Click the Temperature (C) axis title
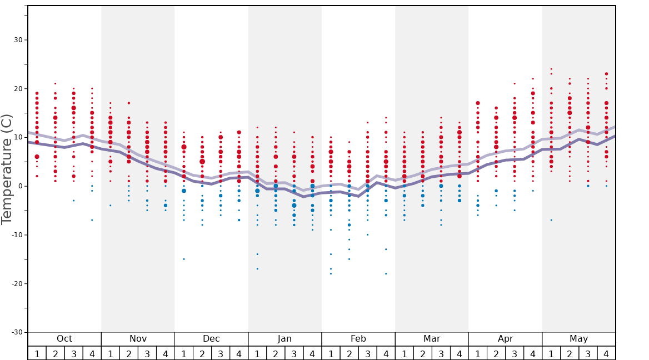tap(7, 169)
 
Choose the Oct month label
tap(64, 339)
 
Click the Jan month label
tap(284, 339)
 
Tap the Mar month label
tap(432, 339)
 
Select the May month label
tap(578, 339)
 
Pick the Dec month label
tap(211, 339)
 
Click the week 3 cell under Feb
tap(367, 353)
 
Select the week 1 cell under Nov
tap(111, 353)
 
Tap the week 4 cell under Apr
tap(533, 353)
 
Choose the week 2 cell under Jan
tap(276, 353)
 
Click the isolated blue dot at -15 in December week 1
tap(184, 259)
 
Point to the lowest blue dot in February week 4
tap(386, 273)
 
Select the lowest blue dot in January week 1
tap(257, 269)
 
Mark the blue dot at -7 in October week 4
tap(92, 220)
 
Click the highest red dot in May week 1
tap(551, 69)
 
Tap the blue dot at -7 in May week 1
tap(551, 220)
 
